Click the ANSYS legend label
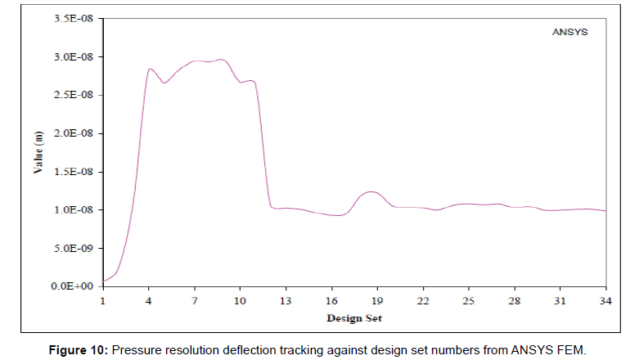tap(568, 34)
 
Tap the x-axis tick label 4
tap(149, 301)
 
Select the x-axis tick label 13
tap(286, 301)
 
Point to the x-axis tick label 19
tap(377, 301)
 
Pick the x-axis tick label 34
tap(605, 301)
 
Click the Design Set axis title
tap(353, 317)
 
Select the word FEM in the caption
tap(569, 349)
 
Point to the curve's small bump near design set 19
tap(372, 192)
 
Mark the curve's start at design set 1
tap(103, 281)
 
